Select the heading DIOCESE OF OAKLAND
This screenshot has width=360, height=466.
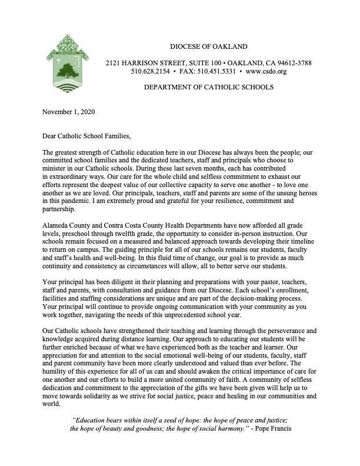pos(208,46)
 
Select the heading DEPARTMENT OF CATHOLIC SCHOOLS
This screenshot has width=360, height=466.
pos(209,88)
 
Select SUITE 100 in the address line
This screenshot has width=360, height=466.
pos(198,63)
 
